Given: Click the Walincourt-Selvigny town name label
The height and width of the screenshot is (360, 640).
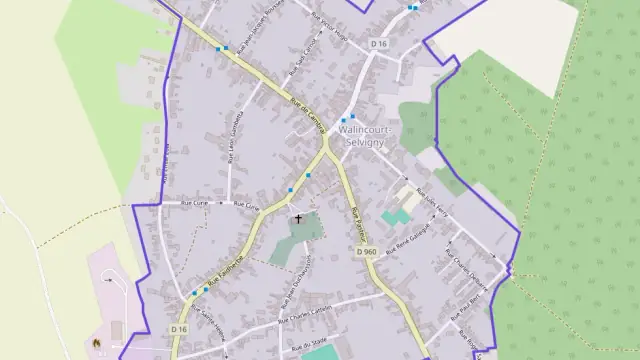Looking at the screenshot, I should click(x=366, y=137).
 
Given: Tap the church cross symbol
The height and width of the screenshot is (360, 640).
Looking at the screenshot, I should click(x=297, y=219).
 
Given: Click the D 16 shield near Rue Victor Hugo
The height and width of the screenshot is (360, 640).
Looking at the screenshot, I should click(x=378, y=44).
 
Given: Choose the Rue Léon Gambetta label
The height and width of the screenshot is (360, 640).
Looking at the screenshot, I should click(x=231, y=145).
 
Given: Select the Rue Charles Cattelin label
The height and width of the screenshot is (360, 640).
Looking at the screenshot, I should click(x=300, y=316).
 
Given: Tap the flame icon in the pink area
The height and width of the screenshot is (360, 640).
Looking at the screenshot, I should click(x=97, y=342).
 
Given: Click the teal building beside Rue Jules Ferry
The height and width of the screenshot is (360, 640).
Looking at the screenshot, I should click(x=394, y=216).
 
